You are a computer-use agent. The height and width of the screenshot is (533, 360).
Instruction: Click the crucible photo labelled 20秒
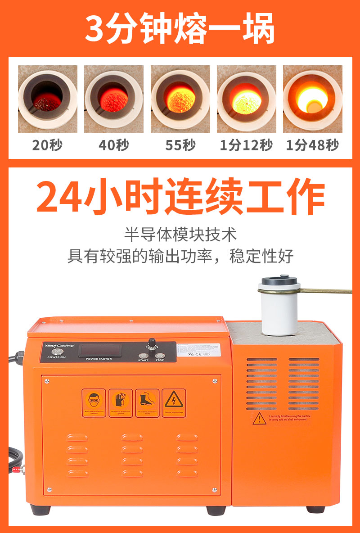coord(47,99)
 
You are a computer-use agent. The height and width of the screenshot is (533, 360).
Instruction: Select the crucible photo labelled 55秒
coord(180,99)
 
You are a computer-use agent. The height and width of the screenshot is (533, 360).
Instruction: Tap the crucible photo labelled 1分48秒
coord(312,99)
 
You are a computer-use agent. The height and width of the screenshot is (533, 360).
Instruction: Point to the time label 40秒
coord(114,145)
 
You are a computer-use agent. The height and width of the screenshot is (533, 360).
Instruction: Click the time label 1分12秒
coord(246,145)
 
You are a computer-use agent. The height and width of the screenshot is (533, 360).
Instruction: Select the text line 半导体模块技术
coord(180,235)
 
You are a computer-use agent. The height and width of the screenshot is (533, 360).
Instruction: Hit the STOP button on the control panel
coord(160,356)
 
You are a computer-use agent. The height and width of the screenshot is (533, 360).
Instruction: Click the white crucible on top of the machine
coord(279,307)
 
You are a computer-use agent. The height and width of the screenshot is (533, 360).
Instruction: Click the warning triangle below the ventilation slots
coord(259,419)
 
